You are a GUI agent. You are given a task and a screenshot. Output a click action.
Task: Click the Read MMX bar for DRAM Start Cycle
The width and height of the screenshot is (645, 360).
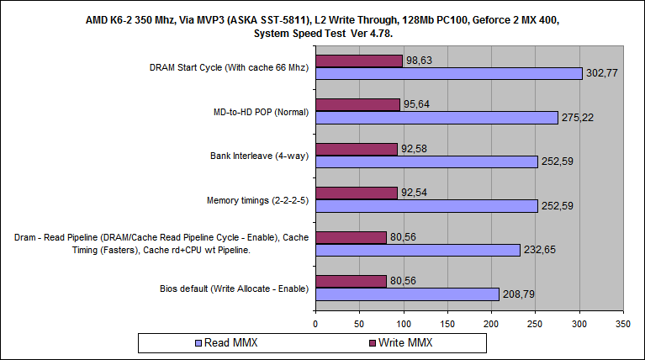click(x=448, y=74)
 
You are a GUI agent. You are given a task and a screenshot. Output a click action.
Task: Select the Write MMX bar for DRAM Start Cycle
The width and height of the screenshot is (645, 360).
click(x=358, y=61)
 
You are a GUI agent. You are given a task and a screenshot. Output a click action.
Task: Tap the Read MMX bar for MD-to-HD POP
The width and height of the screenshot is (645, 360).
click(x=436, y=118)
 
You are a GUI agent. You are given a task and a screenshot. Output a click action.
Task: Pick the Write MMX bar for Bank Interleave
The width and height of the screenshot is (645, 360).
click(x=356, y=149)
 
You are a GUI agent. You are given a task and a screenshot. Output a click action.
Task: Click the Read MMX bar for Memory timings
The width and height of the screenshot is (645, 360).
click(x=426, y=205)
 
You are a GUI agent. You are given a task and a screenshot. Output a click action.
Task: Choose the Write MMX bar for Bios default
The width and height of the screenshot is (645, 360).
click(x=351, y=281)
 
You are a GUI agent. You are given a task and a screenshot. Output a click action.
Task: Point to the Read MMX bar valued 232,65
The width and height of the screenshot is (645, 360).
click(x=418, y=250)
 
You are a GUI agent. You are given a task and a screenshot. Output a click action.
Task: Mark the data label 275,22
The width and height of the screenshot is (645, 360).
click(x=578, y=118)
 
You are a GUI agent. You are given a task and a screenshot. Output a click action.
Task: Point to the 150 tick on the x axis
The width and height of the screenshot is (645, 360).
click(x=447, y=322)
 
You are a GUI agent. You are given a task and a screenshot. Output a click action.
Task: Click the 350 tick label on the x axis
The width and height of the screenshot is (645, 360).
click(x=622, y=322)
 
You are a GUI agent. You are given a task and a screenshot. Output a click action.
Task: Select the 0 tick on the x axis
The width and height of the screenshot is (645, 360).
click(x=315, y=322)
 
